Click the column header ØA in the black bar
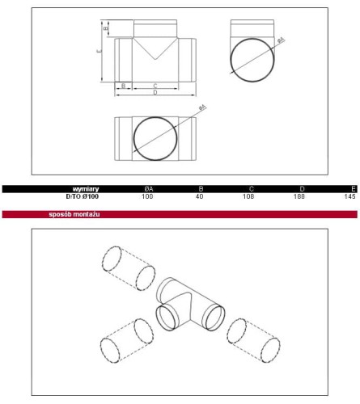coord(148,189)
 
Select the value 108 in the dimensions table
coord(248,196)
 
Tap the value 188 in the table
coord(299,196)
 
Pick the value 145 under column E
coord(349,196)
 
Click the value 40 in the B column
coord(200,196)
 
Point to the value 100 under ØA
coord(147,196)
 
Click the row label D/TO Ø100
coord(83,196)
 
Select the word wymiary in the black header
coord(86,189)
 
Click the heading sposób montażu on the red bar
coord(74,214)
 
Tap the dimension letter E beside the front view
coord(100,51)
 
